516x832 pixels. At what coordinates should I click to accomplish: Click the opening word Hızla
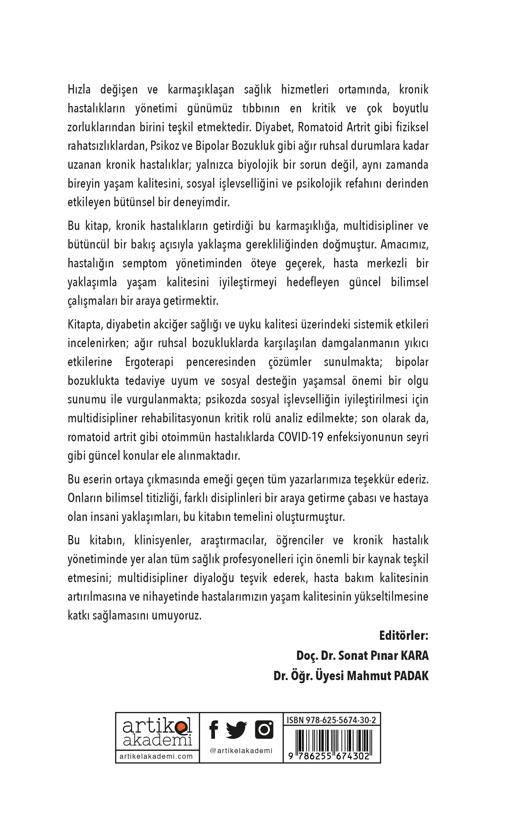pos(79,89)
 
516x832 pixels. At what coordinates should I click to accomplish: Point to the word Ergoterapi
pos(149,362)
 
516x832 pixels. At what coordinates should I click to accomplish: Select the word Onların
pos(85,498)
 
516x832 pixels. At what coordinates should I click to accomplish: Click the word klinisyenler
pos(163,541)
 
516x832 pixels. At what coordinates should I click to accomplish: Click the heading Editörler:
pos(404,636)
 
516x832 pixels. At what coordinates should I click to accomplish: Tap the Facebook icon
pos(214,730)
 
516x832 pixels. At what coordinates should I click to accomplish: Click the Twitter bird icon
pos(236,730)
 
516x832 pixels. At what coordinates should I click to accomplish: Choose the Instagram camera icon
pos(264,730)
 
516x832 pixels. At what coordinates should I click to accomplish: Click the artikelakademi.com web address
pos(156,756)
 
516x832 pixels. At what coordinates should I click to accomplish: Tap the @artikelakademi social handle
pos(241,751)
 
